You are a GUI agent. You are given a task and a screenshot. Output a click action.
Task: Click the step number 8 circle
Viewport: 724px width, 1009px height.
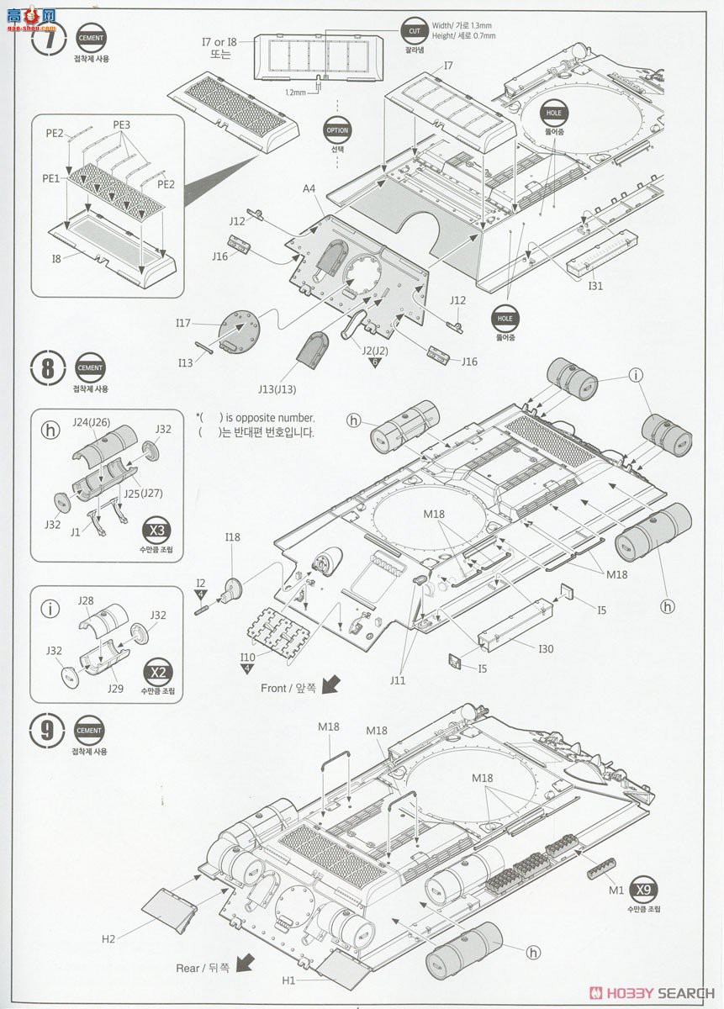point(47,369)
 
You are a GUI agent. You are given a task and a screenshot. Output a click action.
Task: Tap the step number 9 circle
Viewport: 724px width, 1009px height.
point(47,730)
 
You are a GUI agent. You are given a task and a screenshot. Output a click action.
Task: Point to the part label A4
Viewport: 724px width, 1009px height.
point(309,189)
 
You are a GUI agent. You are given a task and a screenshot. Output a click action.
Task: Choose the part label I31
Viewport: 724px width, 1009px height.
point(595,286)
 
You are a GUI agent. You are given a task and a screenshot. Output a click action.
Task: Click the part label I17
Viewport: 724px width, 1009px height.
point(184,323)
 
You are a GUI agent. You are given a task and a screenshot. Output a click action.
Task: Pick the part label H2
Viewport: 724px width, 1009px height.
point(108,938)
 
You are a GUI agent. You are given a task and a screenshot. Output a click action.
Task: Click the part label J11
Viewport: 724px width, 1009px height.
point(397,679)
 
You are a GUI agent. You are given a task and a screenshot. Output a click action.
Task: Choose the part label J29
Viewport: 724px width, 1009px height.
point(115,688)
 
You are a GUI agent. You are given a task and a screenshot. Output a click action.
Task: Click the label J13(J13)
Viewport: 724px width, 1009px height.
point(277,388)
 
